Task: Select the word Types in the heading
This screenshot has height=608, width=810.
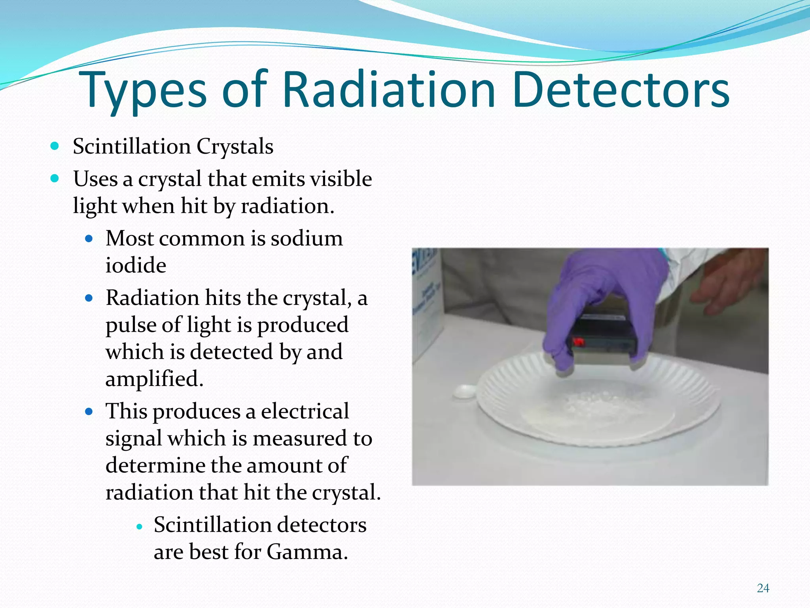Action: coord(142,91)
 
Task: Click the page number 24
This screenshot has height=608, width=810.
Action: coord(763,588)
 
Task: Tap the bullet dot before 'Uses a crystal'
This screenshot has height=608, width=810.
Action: coord(55,179)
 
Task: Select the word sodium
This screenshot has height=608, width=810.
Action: coord(307,238)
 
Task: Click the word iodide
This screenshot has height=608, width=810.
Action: coord(136,265)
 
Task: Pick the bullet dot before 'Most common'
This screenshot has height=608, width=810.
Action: coord(89,239)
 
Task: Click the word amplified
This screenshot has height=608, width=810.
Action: coord(154,379)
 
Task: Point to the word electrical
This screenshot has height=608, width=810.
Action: coord(305,411)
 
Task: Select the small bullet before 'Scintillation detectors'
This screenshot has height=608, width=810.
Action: coord(139,526)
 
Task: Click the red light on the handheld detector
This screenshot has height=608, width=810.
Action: coord(579,341)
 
